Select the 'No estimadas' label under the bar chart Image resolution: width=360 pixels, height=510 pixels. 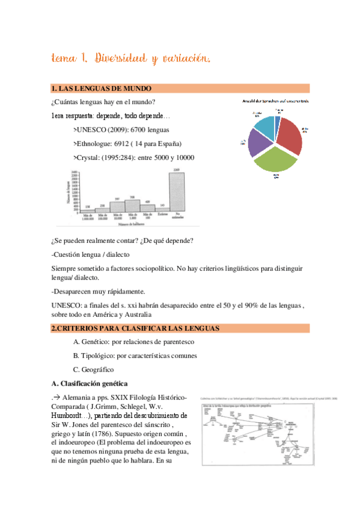point(176,218)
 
